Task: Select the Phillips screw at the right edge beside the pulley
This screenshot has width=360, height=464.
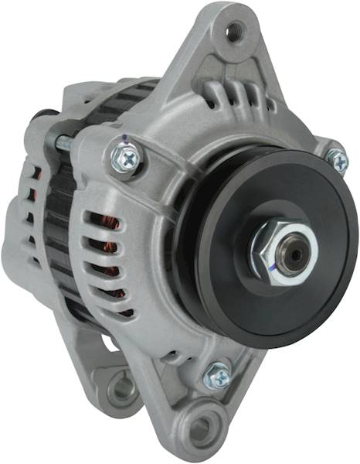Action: (x=338, y=160)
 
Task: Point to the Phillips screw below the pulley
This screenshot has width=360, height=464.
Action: (x=218, y=376)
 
